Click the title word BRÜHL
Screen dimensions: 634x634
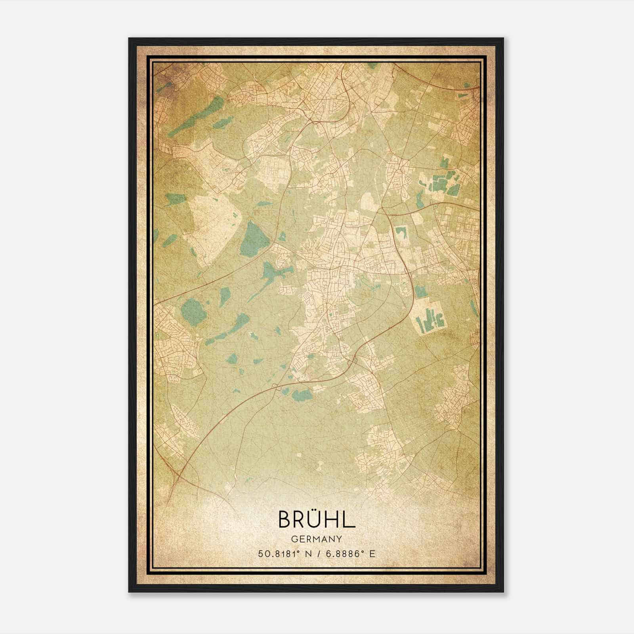(x=317, y=519)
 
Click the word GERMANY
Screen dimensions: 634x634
(x=317, y=539)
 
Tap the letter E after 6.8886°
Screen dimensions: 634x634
(x=372, y=554)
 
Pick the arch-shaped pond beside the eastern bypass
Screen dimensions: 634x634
(x=401, y=233)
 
